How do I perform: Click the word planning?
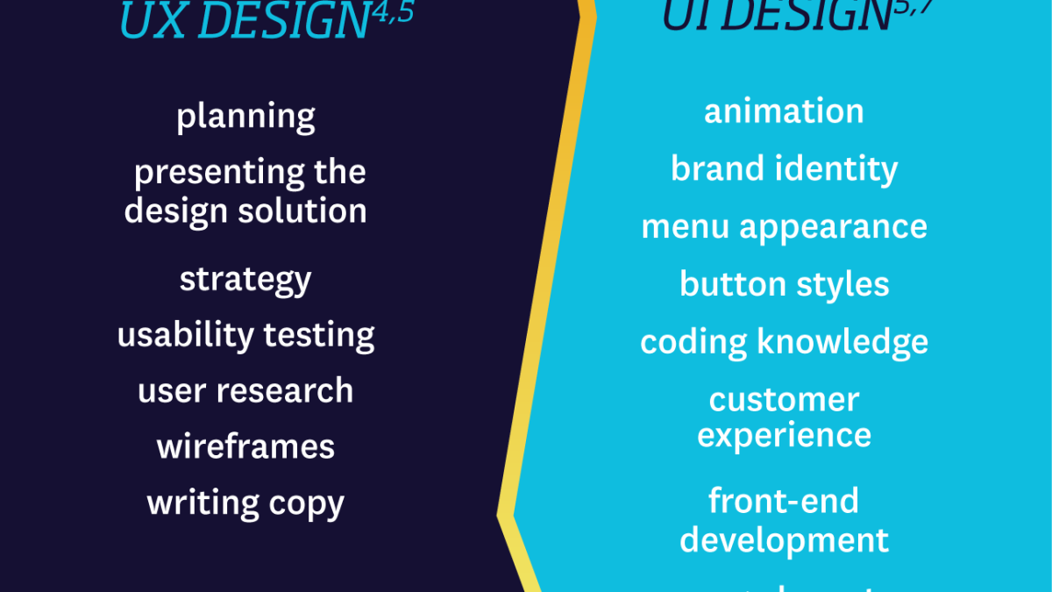[x=245, y=117]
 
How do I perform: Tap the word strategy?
[x=245, y=281]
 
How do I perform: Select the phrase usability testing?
[x=245, y=335]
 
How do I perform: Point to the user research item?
[x=245, y=391]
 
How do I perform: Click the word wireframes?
[x=245, y=447]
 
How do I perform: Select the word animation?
[x=784, y=111]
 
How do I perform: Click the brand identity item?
[x=784, y=168]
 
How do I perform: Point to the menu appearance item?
[x=784, y=227]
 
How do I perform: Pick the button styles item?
[x=784, y=284]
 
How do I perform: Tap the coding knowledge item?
[x=784, y=342]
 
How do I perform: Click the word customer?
[x=784, y=400]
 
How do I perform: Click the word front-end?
[x=784, y=502]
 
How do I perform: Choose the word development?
[x=784, y=541]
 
